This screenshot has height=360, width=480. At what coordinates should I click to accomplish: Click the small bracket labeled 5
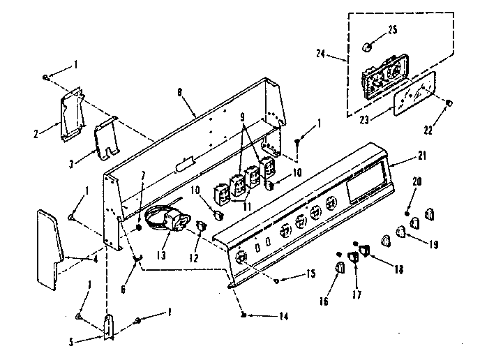pyautogui.click(x=108, y=326)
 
